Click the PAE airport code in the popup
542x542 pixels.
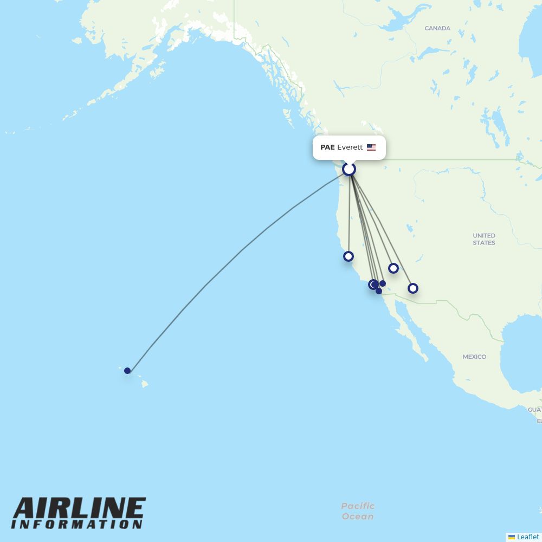[x=327, y=147]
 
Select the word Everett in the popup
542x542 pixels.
[x=350, y=147]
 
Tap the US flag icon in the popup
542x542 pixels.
[x=371, y=147]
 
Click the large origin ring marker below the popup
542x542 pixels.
[x=349, y=169]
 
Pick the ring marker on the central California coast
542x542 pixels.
[x=349, y=256]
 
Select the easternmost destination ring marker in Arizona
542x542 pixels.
[x=413, y=288]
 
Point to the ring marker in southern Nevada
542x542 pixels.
[x=393, y=268]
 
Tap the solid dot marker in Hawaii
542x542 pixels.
[x=127, y=371]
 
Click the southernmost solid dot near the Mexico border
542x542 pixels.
[x=379, y=291]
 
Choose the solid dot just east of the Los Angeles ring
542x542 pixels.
[x=383, y=283]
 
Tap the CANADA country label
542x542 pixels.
[x=437, y=28]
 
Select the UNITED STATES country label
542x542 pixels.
[x=484, y=239]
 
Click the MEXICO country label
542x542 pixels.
[x=474, y=357]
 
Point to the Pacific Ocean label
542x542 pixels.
[x=358, y=511]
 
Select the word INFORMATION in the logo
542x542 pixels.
[x=77, y=525]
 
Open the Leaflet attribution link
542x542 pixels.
[x=528, y=537]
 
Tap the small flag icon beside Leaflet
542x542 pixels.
[x=512, y=537]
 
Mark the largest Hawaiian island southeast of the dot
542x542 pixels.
[x=145, y=384]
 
